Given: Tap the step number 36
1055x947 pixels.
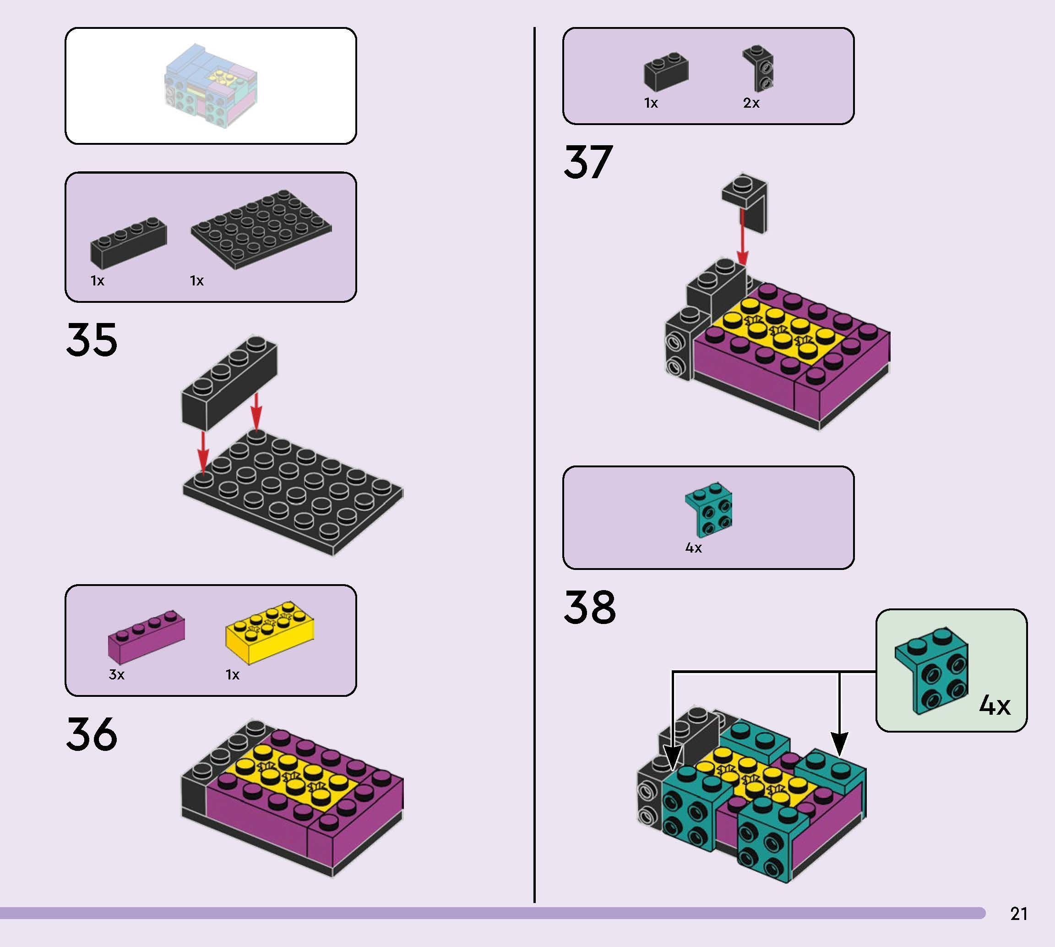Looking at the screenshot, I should tap(92, 734).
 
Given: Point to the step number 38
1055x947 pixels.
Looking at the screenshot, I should tap(590, 607).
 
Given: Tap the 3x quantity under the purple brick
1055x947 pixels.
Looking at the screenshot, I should tap(116, 675).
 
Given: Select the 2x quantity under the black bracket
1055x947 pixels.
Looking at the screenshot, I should tap(751, 104).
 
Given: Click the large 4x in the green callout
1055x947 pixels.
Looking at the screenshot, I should tap(994, 706).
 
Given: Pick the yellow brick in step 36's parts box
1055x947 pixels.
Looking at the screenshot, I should tap(269, 633).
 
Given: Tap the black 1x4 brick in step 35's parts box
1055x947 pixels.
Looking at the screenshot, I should tap(128, 242).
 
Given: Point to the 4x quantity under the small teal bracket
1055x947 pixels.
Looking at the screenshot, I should tap(693, 548).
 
